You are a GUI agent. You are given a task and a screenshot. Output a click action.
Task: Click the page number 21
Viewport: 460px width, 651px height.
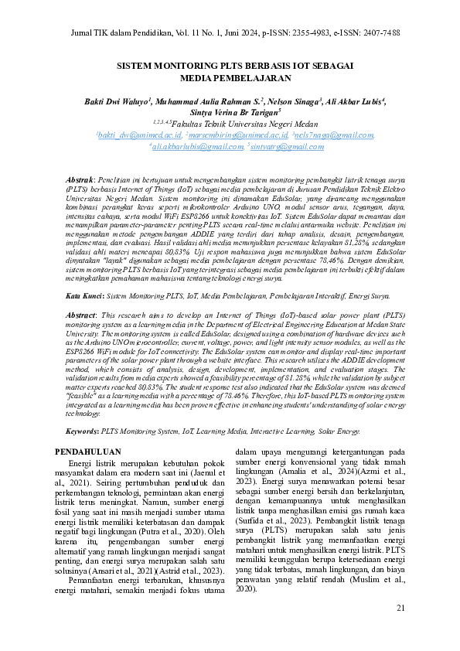pos(400,608)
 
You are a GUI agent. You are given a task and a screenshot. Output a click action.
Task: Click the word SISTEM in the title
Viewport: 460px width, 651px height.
pos(137,67)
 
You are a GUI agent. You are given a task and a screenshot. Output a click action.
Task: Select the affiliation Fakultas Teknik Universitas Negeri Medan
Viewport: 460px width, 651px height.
pos(234,123)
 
